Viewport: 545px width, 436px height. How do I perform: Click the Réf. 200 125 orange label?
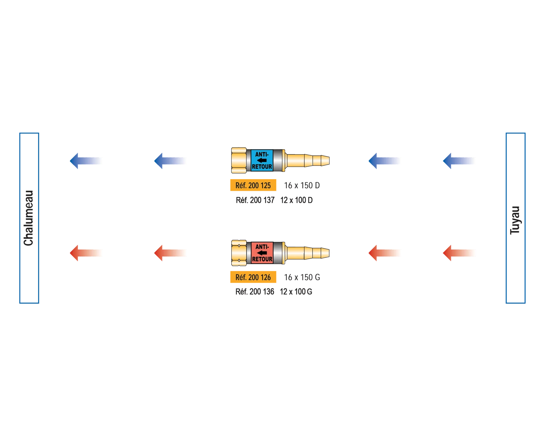tap(253, 185)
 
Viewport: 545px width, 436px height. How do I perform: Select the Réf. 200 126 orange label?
tap(253, 278)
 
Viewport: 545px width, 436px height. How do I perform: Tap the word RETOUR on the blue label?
tap(262, 167)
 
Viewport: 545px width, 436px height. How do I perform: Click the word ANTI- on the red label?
tap(262, 247)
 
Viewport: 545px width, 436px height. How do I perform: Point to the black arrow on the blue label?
tap(262, 161)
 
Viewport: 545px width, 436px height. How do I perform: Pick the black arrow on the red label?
tap(262, 253)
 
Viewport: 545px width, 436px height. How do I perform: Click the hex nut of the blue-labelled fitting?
tap(238, 161)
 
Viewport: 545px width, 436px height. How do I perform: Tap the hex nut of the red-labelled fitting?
tap(238, 253)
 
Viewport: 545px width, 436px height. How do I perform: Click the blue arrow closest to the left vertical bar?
tap(86, 161)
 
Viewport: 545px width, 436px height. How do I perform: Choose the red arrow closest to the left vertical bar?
tap(86, 253)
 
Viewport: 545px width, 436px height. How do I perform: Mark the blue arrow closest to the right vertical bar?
tap(459, 161)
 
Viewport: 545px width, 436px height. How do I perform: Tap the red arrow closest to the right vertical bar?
tap(459, 253)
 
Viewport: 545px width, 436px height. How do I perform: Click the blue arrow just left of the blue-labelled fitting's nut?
tap(170, 161)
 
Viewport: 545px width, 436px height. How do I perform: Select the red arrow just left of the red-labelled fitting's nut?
tap(170, 253)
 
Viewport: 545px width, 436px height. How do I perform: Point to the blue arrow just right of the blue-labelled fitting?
tap(384, 161)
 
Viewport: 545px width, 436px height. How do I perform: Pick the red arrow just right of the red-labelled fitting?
tap(384, 253)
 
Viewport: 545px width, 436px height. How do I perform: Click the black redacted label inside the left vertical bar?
tap(29, 218)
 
